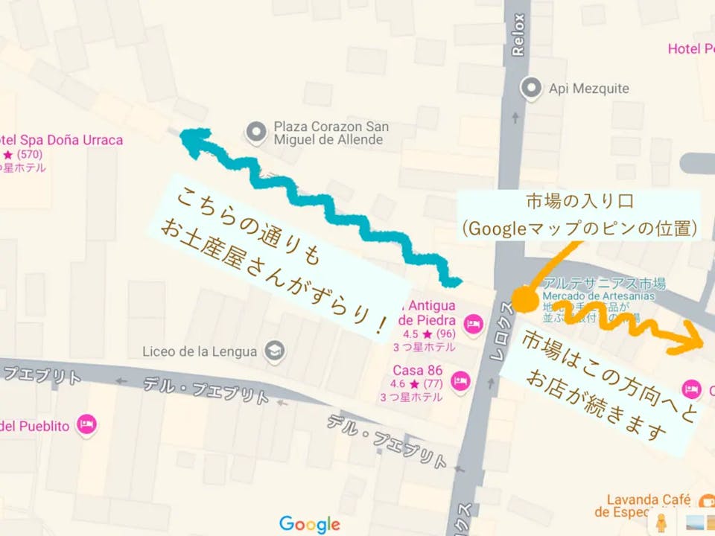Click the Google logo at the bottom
click(309, 524)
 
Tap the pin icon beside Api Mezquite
click(531, 88)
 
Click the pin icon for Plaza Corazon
click(257, 133)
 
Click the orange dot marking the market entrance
click(525, 299)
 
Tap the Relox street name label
click(519, 36)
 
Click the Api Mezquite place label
click(588, 89)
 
